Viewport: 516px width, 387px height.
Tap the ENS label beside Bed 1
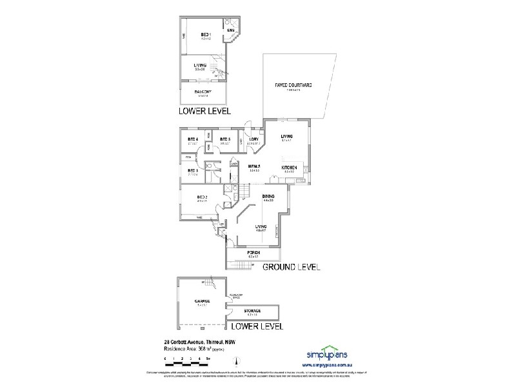pos(230,30)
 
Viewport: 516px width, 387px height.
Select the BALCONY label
pos(203,92)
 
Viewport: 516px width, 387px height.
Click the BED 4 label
pos(192,139)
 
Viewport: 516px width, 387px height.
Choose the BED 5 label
pos(225,139)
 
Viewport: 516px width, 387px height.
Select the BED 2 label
pos(201,197)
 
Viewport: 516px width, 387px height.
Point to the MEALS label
pos(253,167)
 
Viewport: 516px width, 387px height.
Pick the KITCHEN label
pos(288,167)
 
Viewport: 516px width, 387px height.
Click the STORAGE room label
pos(252,311)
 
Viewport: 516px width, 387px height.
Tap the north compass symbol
pos(230,359)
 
